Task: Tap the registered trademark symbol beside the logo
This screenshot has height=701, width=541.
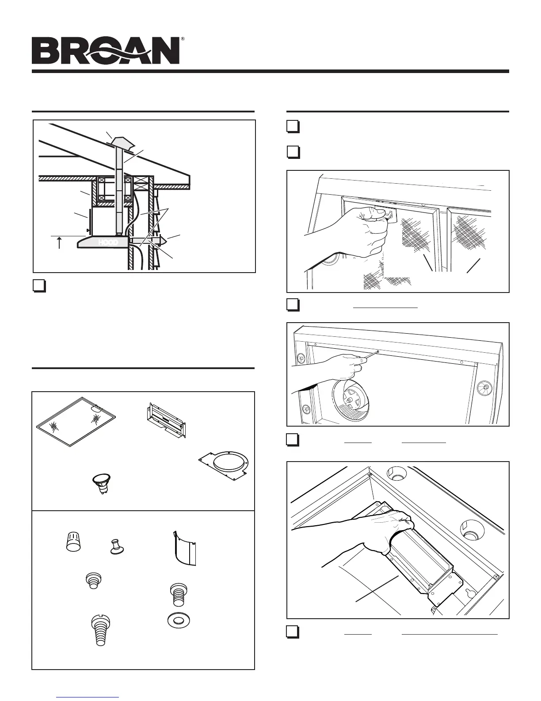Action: [183, 39]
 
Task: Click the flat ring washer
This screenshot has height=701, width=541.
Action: [177, 621]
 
